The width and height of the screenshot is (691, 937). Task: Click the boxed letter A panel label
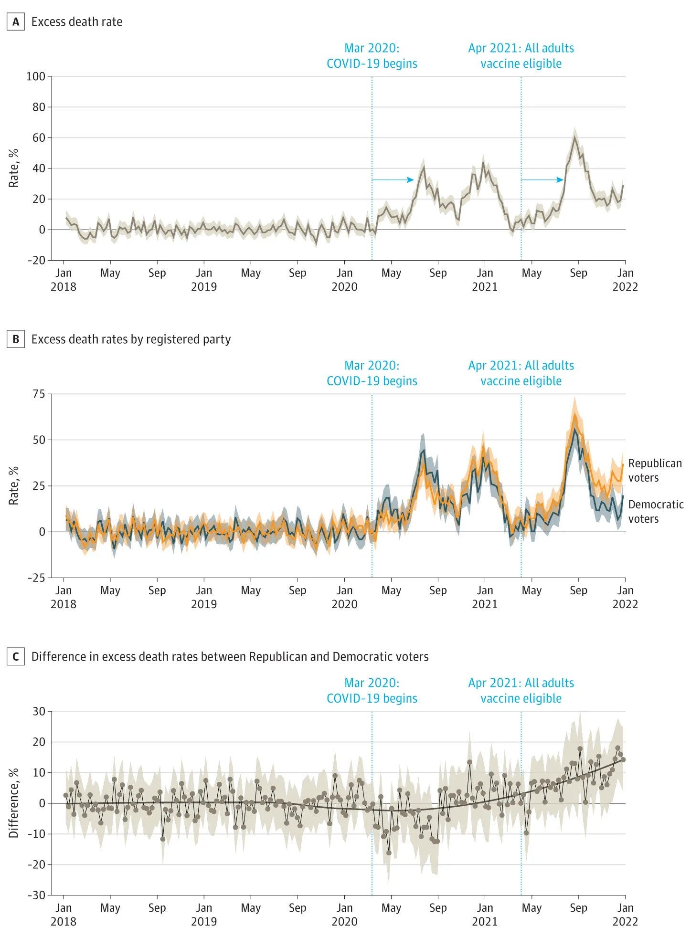[16, 22]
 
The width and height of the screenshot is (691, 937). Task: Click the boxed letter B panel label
[16, 339]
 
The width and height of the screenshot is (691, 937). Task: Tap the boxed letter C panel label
[16, 657]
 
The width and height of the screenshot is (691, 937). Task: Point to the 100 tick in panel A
[36, 76]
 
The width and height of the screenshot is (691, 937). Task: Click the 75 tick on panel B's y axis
[39, 394]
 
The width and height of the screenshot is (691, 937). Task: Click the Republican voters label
[655, 471]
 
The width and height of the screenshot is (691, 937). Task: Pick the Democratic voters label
[656, 512]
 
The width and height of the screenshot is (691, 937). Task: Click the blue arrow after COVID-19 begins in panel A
[393, 180]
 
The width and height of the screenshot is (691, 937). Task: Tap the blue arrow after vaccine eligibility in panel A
[542, 180]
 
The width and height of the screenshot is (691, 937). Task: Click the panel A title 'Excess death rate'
[77, 22]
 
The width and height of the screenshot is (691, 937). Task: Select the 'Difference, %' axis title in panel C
[13, 803]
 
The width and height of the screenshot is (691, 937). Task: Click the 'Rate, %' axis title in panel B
[13, 486]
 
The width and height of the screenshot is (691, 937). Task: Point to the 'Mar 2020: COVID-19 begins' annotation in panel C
[372, 691]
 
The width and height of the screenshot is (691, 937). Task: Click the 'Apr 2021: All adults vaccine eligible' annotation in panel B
[521, 373]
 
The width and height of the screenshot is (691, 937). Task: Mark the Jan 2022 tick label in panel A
[625, 280]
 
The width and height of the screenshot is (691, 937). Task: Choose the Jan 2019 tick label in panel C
[204, 915]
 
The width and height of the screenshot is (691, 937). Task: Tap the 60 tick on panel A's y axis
[39, 138]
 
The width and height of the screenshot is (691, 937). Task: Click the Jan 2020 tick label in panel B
[344, 597]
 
